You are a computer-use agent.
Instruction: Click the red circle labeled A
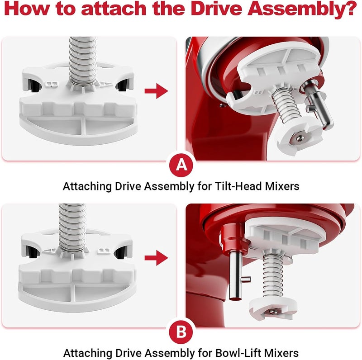[181, 165]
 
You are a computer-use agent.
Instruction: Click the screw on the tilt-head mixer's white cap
[299, 136]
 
